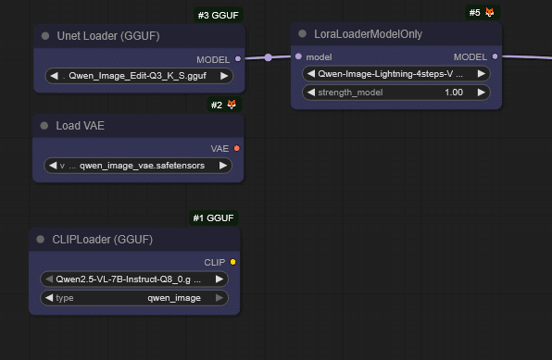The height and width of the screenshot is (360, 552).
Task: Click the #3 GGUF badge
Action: pos(218,16)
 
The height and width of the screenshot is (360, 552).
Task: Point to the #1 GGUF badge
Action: pos(213,218)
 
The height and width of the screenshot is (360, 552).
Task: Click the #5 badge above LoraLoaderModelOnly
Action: pos(482,13)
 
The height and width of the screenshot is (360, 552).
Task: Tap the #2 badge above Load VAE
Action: pos(224,105)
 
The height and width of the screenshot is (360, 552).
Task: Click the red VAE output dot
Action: pos(237,148)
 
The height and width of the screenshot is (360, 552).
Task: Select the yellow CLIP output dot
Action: pos(232,262)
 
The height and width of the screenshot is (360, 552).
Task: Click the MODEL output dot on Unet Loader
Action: pos(238,58)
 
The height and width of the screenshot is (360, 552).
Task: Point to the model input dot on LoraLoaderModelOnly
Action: pos(298,56)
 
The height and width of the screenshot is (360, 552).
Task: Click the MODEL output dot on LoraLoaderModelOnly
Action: pos(495,56)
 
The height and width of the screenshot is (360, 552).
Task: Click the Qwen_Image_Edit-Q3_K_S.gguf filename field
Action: pos(139,76)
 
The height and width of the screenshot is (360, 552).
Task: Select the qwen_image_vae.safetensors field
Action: pos(139,166)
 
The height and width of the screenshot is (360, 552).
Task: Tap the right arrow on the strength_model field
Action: pos(482,93)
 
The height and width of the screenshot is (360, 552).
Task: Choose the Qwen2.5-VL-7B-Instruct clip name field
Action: pos(133,279)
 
